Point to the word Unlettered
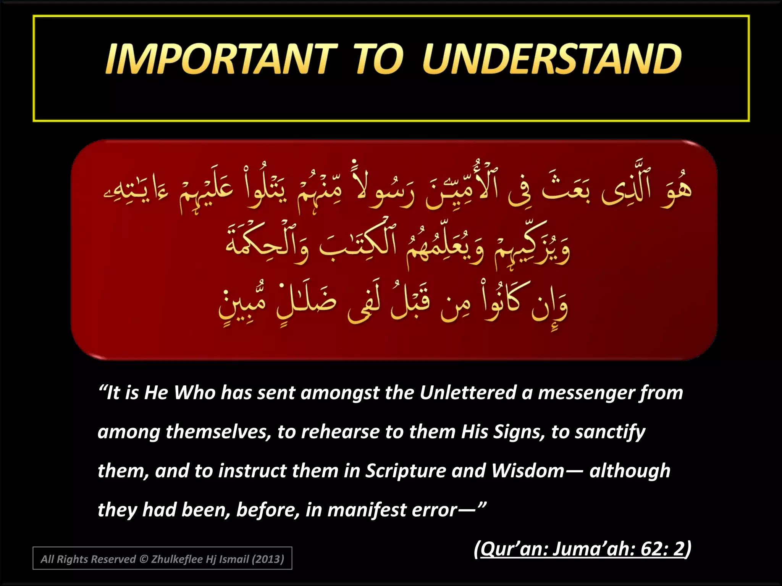point(468,393)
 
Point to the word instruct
point(252,471)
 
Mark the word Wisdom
point(528,471)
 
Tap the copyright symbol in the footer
point(144,559)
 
